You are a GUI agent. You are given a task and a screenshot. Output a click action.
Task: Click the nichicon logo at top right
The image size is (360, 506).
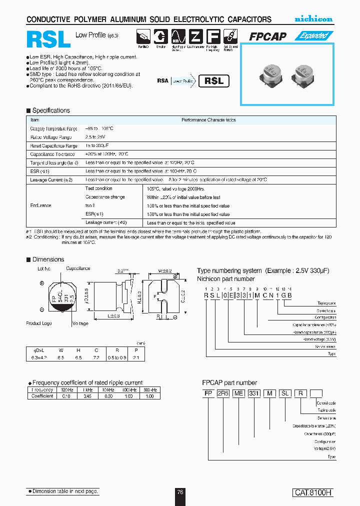coord(313,19)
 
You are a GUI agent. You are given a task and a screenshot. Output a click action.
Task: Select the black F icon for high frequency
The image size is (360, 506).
coord(213,37)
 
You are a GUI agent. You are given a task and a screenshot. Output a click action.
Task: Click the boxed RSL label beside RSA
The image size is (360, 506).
coord(214,81)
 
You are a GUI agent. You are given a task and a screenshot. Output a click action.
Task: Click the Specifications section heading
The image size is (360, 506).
coord(51,110)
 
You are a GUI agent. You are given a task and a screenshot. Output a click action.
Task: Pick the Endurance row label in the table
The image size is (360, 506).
coord(40,205)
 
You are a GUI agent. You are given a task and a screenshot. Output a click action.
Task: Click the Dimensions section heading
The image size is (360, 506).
coord(48,259)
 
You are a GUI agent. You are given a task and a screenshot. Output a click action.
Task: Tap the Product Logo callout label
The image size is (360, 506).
coord(39,323)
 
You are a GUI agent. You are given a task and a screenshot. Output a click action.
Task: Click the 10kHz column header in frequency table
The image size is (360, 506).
coord(106,389)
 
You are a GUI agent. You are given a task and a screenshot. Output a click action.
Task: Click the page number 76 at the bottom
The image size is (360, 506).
coord(180,492)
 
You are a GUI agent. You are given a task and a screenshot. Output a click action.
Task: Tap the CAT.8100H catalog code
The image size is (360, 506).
coord(312,492)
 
